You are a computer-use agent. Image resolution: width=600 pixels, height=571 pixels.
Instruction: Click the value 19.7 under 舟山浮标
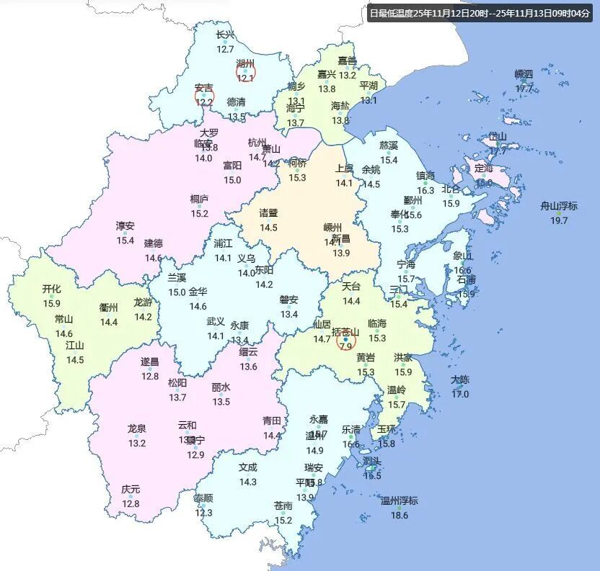click(559, 220)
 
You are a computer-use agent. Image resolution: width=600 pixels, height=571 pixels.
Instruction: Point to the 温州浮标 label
click(399, 501)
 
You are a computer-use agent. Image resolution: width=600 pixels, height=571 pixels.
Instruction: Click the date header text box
click(479, 13)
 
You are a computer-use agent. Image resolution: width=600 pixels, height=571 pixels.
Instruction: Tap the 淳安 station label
click(125, 225)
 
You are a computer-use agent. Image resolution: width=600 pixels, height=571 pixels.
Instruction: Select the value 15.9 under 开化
click(52, 303)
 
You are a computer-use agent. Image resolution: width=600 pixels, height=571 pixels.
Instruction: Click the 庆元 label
click(131, 490)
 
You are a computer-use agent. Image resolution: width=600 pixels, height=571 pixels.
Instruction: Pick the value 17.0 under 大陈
click(460, 394)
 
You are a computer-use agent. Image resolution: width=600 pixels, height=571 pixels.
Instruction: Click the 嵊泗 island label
click(524, 74)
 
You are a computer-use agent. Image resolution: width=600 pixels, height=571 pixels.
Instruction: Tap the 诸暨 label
click(268, 213)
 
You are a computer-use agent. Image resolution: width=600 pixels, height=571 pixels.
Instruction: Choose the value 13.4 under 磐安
click(289, 314)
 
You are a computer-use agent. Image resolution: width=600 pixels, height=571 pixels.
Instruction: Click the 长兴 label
click(225, 35)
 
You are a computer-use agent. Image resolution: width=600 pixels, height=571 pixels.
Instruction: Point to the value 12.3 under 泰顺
click(204, 513)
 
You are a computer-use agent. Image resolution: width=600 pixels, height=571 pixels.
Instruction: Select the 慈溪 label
click(389, 145)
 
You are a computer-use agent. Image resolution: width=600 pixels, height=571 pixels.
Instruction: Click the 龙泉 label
click(137, 428)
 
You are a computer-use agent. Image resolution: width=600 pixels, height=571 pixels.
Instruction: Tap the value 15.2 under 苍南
click(283, 521)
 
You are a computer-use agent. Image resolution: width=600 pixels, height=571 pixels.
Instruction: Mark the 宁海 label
click(406, 265)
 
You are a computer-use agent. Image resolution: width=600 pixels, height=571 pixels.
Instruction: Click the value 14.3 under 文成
click(248, 482)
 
